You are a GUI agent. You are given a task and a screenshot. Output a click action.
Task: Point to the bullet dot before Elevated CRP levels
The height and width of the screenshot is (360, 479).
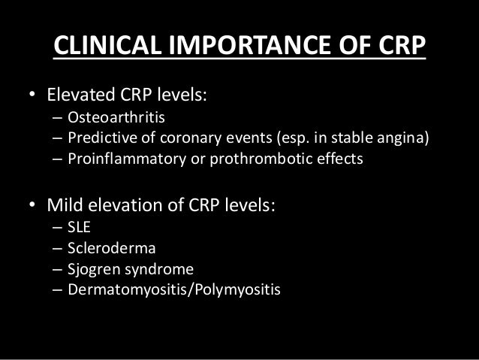[x=32, y=98]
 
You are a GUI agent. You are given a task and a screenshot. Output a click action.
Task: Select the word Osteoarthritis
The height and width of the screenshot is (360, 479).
[x=110, y=118]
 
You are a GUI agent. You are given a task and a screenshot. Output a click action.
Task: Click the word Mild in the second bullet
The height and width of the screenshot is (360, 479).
[x=63, y=206]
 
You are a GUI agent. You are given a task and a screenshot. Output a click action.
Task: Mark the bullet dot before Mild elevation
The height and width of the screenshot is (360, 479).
[x=32, y=207]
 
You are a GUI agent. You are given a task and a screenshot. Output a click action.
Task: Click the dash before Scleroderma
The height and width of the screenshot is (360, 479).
[x=58, y=249]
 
